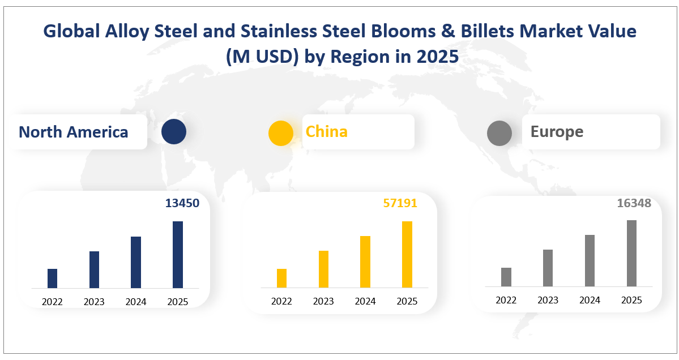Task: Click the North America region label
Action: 74,132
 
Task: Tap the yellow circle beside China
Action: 280,134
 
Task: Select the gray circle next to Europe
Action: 499,134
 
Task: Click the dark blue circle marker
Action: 173,132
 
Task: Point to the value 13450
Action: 182,203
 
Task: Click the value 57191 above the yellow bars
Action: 400,203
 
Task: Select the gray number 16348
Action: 634,203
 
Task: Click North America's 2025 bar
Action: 178,255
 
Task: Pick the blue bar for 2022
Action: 52,278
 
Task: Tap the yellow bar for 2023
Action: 323,269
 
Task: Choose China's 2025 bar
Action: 407,255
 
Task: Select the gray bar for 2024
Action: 590,260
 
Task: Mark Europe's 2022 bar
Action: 506,277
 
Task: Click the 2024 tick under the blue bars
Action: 136,302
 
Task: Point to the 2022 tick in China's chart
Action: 281,302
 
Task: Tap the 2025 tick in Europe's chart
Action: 631,300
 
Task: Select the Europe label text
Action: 557,132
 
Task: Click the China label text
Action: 327,132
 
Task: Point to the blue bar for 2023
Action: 94,269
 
